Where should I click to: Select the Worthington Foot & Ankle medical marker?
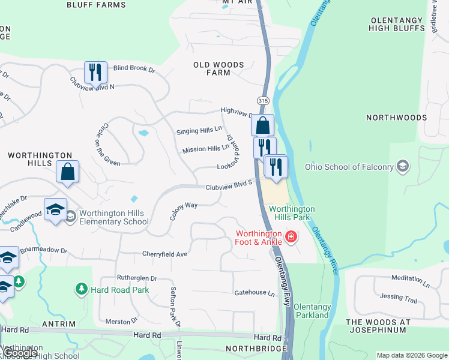tap(291, 236)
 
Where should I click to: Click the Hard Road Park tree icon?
tap(81, 289)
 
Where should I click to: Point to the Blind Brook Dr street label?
tap(134, 68)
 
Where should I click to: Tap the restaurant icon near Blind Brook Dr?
tap(95, 73)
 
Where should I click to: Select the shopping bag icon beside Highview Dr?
tap(262, 125)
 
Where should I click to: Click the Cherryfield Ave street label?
tap(165, 254)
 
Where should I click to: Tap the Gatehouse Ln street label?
tap(254, 293)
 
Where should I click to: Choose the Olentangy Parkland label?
tap(312, 311)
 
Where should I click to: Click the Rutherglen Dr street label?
tap(136, 278)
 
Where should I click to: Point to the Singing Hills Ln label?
tap(199, 130)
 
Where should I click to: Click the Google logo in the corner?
tap(20, 353)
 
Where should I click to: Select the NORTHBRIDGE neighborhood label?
tap(253, 348)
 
